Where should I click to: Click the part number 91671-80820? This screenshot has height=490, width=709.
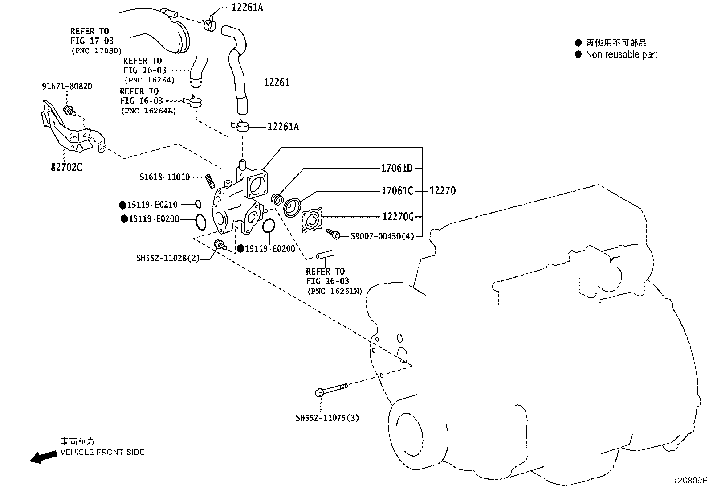[67, 86]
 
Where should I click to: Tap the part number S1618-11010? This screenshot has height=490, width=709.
[164, 177]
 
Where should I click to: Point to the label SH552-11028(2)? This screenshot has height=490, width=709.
[168, 258]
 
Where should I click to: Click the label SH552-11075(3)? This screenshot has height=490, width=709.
[327, 418]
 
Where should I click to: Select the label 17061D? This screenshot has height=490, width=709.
[397, 168]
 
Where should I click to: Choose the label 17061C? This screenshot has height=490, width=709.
[397, 191]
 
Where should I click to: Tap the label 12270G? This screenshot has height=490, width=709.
[398, 217]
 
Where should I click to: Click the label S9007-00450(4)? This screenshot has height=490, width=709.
[382, 236]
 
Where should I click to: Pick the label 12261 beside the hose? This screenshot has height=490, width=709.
[277, 82]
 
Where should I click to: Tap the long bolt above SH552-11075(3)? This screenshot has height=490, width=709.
[332, 389]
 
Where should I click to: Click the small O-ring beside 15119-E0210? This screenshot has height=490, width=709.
[198, 204]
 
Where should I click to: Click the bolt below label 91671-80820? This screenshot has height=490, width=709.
[69, 110]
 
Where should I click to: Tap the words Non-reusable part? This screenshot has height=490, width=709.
[621, 54]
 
